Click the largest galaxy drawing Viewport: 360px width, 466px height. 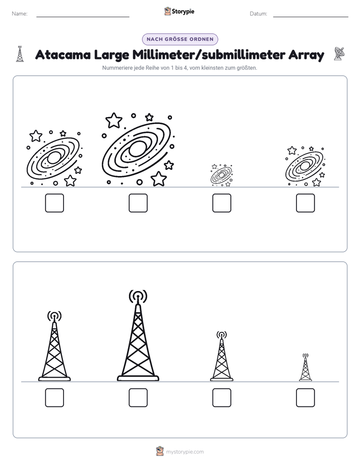point(138,149)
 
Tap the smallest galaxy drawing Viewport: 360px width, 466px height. point(221,175)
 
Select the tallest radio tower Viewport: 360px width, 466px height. point(138,335)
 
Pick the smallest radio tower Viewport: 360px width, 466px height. point(306,367)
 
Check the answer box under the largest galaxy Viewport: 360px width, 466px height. point(138,203)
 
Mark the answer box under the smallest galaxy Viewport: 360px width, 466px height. point(222,203)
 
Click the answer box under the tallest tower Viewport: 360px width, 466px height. point(138,397)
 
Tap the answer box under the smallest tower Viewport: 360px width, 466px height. point(306,397)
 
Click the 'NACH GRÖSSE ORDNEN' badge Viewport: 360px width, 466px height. point(180,39)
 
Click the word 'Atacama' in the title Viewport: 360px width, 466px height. point(63,54)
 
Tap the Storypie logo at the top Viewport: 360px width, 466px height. point(179,11)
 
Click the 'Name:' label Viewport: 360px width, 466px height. point(20,14)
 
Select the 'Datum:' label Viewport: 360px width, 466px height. point(259,14)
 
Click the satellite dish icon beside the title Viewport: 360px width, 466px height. point(339,54)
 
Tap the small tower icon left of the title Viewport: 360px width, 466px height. point(20,54)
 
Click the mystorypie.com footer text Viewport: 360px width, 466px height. point(185,452)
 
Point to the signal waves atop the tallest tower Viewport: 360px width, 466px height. point(138,297)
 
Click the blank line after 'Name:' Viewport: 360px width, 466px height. point(83,17)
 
